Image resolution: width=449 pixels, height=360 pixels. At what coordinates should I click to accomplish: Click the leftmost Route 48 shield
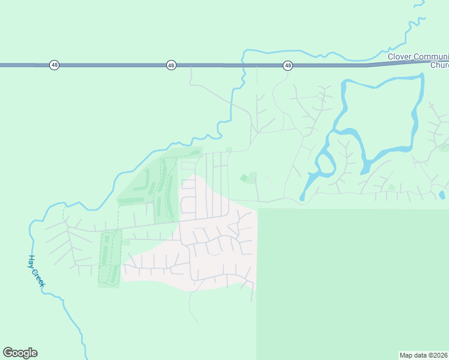point(54,65)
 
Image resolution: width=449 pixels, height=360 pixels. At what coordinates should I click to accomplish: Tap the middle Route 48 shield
point(171,65)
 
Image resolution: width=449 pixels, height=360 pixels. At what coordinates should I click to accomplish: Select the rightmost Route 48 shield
point(288,65)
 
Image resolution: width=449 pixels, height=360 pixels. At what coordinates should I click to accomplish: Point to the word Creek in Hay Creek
point(38,277)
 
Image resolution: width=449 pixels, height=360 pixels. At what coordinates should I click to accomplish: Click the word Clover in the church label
point(399,56)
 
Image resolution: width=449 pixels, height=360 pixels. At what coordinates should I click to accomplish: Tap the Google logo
point(20,353)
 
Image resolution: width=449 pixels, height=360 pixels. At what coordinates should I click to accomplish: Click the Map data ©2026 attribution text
point(423,355)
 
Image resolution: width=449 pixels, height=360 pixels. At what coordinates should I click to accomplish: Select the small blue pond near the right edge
point(442,194)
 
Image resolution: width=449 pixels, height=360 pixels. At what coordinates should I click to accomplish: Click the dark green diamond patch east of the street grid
point(243,178)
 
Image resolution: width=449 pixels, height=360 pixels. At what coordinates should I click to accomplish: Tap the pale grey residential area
point(216,252)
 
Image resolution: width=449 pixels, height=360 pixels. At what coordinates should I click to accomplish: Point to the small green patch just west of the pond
point(391,187)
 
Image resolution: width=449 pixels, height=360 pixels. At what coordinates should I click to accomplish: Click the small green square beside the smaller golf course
point(126,242)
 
